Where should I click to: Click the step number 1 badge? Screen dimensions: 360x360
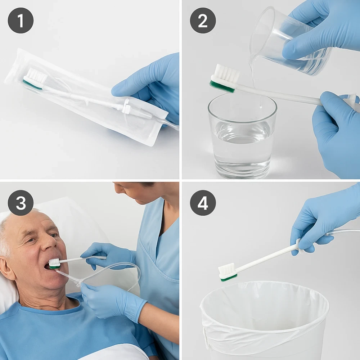pyautogui.click(x=21, y=21)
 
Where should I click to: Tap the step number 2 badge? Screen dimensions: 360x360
pyautogui.click(x=203, y=21)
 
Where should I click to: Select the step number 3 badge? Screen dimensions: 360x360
pyautogui.click(x=21, y=203)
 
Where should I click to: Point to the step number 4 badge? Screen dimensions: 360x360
pyautogui.click(x=203, y=203)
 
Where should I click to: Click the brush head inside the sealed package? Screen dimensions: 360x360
pyautogui.click(x=35, y=78)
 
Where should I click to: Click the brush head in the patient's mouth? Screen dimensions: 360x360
pyautogui.click(x=54, y=263)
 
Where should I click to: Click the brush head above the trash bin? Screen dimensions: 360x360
pyautogui.click(x=228, y=272)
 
